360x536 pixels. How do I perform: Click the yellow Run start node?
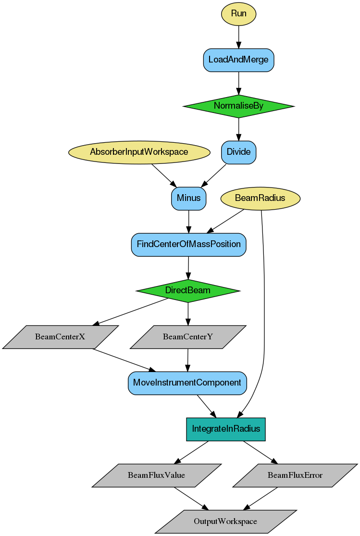point(238,13)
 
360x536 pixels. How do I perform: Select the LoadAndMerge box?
point(238,60)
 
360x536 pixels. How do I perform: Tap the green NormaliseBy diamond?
point(238,106)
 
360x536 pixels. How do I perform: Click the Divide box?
point(238,152)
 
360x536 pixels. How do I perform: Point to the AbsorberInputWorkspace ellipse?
point(139,152)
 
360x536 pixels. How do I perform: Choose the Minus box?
point(188,198)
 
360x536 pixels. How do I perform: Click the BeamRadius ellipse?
point(260,198)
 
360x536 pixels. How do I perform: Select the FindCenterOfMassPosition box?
point(188,244)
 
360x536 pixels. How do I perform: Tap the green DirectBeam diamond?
point(188,290)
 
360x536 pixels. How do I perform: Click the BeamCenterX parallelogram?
point(60,337)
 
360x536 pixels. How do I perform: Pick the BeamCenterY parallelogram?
point(188,337)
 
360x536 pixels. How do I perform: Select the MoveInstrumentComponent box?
point(187,383)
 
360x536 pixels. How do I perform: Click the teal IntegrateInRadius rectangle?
point(226,429)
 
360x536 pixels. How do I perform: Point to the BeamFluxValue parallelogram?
point(156,475)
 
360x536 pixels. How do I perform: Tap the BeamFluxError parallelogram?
point(295,475)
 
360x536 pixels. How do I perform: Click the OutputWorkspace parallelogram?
point(225,521)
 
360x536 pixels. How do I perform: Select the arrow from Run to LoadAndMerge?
point(238,37)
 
